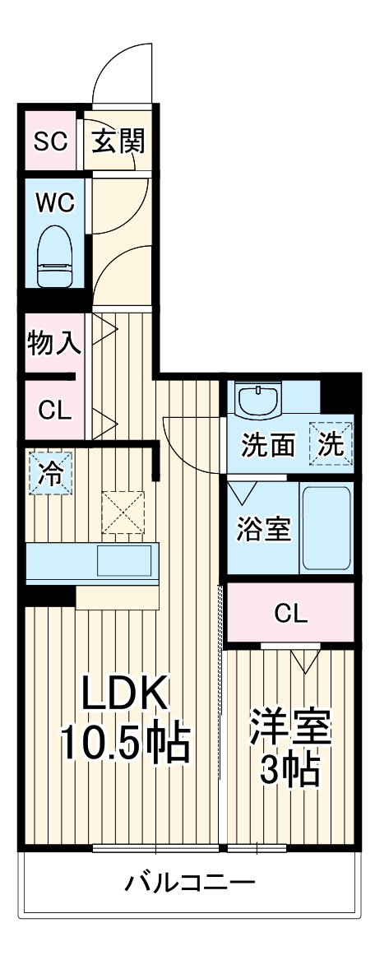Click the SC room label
(49, 141)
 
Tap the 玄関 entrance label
(118, 141)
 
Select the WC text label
(54, 203)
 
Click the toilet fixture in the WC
(54, 256)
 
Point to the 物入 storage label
(54, 342)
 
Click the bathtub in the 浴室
(326, 529)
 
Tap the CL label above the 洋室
(290, 613)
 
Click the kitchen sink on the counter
(123, 561)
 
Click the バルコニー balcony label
(190, 884)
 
